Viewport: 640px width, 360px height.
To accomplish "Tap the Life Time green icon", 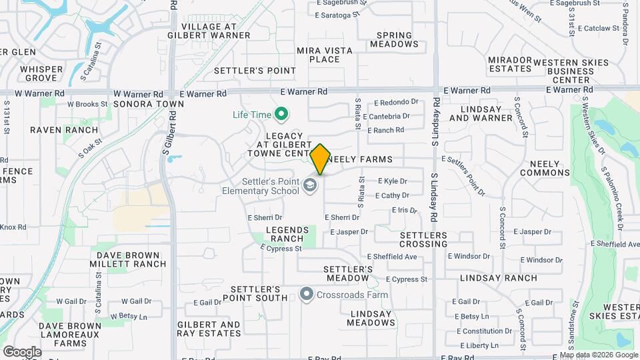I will tap(281, 115).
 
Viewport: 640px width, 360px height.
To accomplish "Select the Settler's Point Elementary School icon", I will tap(309, 185).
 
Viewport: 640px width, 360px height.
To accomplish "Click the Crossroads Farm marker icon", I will tap(307, 294).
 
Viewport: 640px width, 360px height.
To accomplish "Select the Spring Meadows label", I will tap(398, 40).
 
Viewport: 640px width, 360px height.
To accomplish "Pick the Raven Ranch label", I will tap(64, 130).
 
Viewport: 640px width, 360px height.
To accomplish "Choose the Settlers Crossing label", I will tap(424, 240).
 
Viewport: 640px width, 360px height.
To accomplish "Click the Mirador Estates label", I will tap(510, 64).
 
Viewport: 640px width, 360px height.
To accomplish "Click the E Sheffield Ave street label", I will tap(392, 257).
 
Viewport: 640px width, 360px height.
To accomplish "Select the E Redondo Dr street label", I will tap(396, 103).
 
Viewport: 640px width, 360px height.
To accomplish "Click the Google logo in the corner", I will tap(22, 352).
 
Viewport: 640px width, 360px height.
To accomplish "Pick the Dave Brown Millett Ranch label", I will tap(131, 259).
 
